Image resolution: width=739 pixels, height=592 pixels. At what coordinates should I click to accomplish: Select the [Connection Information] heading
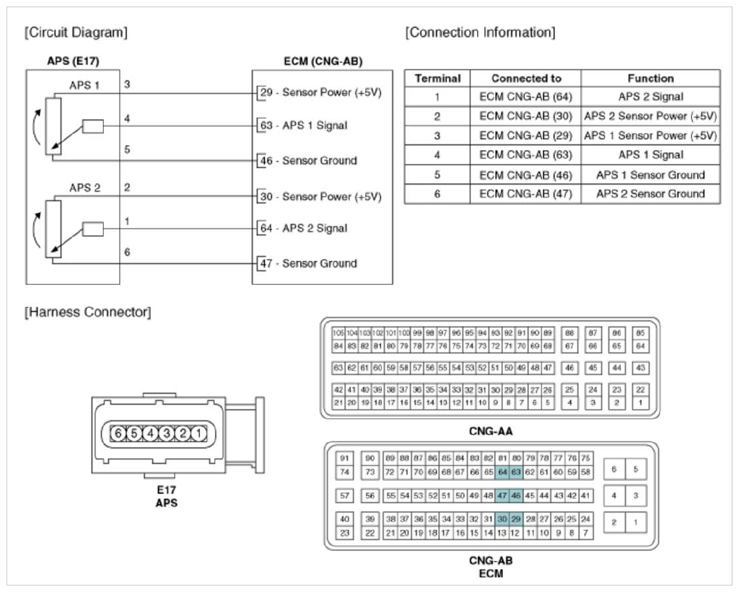[x=481, y=33]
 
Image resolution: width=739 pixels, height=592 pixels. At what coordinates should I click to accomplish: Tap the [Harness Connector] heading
[x=88, y=313]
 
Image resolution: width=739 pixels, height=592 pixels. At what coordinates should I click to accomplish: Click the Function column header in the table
[x=650, y=78]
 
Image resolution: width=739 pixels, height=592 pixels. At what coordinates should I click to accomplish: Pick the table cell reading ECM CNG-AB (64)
[x=526, y=97]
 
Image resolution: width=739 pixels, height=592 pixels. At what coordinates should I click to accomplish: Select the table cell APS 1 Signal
[x=650, y=155]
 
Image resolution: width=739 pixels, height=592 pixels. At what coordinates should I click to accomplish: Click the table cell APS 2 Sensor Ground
[x=650, y=193]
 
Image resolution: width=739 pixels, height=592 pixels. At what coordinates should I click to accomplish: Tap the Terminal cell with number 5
[x=437, y=174]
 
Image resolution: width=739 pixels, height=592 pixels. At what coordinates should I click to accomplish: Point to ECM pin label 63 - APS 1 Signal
[x=303, y=125]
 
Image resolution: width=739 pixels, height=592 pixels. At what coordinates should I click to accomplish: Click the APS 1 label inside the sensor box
[x=84, y=85]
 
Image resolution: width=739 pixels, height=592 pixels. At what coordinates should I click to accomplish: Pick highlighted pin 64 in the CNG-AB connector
[x=503, y=472]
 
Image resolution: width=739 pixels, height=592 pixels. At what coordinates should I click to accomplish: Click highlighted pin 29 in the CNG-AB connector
[x=516, y=518]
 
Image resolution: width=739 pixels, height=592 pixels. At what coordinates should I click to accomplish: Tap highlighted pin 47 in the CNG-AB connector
[x=503, y=495]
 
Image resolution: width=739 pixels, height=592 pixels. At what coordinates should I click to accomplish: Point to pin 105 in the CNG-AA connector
[x=339, y=333]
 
